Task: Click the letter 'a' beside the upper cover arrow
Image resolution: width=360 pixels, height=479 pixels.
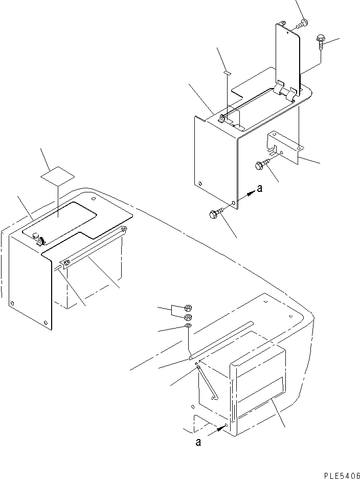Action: click(x=260, y=189)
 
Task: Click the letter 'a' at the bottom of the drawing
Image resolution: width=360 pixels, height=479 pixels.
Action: click(x=198, y=442)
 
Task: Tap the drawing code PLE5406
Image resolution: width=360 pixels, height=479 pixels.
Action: click(x=342, y=475)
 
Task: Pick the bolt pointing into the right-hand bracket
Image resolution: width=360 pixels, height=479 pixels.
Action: click(x=261, y=165)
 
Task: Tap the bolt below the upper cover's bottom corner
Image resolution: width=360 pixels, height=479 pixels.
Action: click(x=216, y=212)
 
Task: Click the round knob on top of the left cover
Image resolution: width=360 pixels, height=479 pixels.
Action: click(x=36, y=235)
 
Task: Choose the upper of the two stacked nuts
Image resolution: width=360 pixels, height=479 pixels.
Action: click(x=188, y=308)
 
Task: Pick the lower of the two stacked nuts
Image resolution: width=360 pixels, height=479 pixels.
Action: click(x=188, y=317)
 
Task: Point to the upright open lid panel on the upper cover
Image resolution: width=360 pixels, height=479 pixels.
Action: click(x=287, y=56)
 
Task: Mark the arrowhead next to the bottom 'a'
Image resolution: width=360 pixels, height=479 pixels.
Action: click(x=221, y=429)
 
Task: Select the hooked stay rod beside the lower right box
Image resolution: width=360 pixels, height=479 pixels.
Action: click(x=207, y=381)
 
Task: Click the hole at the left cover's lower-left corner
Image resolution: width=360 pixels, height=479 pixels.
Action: click(x=12, y=303)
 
